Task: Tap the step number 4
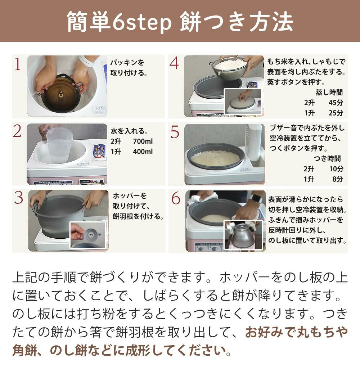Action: point(174,63)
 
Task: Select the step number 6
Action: point(176,198)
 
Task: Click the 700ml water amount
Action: point(143,141)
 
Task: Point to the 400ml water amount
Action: point(143,152)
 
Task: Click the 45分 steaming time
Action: point(336,103)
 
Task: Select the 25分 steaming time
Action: point(336,113)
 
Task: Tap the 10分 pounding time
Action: point(336,169)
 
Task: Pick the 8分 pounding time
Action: point(338,179)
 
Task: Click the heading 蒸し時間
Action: point(329,92)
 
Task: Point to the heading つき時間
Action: point(327,159)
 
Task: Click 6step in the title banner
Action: point(142,22)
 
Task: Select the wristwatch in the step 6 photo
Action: point(256,199)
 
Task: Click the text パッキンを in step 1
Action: point(127,63)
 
